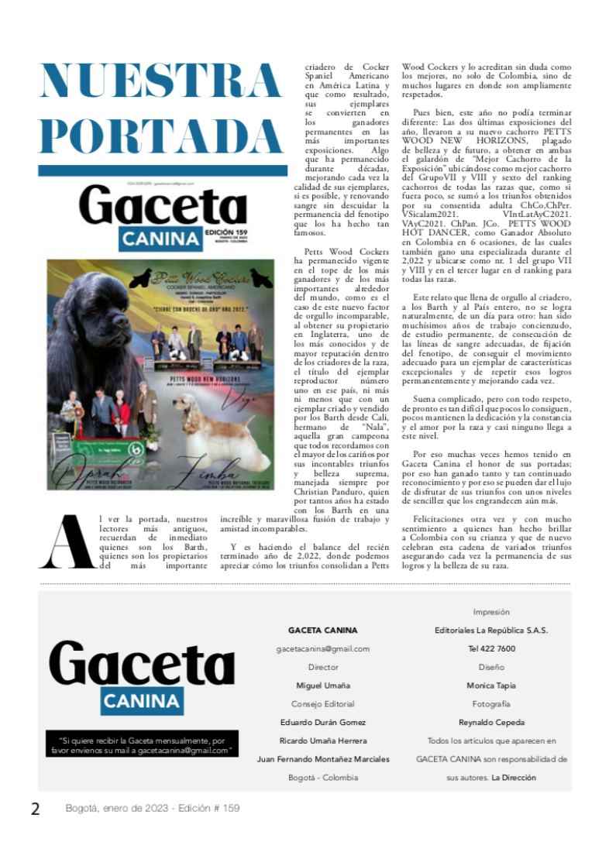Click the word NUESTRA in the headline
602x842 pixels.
(161, 81)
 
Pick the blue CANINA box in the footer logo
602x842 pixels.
(142, 701)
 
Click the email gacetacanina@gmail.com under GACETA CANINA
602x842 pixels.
(323, 648)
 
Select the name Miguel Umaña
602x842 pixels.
(323, 686)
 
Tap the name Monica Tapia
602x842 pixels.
(491, 686)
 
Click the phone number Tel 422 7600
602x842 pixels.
(491, 648)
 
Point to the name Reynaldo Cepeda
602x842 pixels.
(491, 722)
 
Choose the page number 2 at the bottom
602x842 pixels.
(36, 809)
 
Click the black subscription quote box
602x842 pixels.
(142, 745)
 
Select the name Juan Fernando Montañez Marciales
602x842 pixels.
(323, 759)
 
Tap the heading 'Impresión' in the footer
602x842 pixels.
(491, 612)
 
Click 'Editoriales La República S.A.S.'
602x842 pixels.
(491, 630)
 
